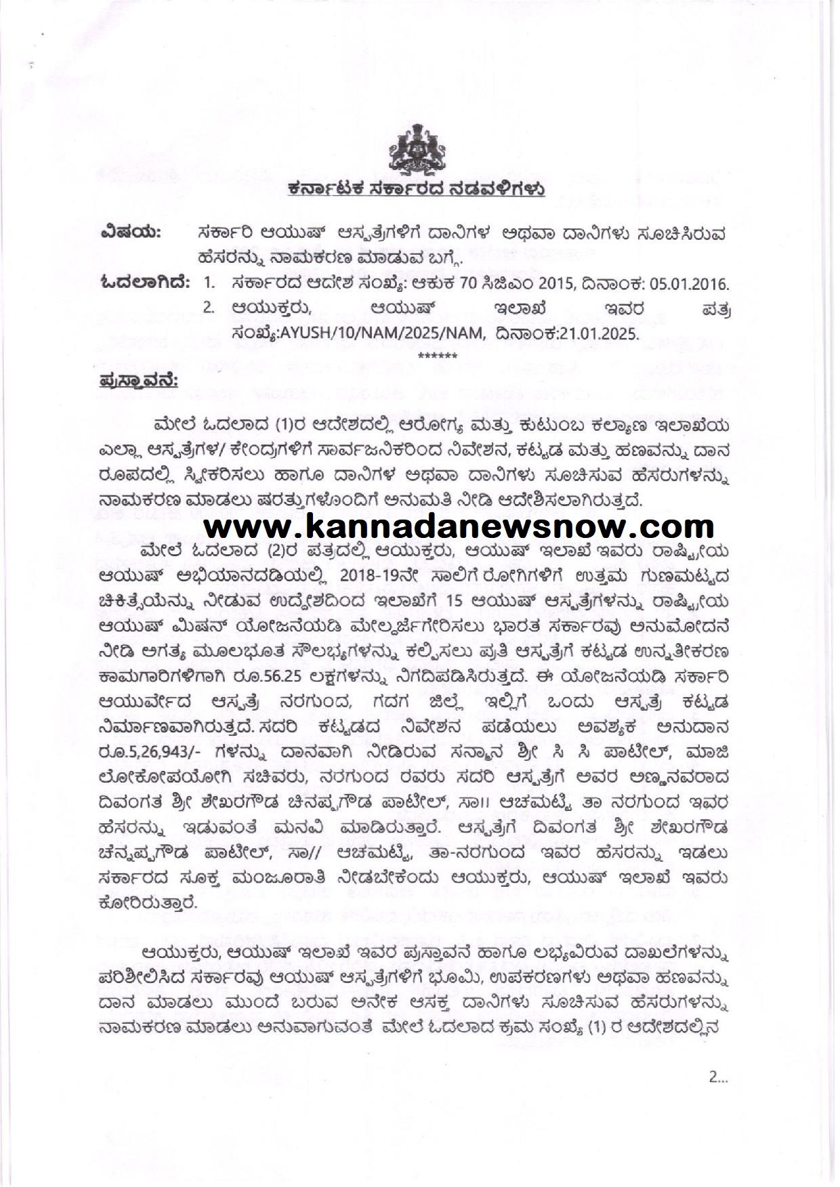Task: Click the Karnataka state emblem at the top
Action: (419, 152)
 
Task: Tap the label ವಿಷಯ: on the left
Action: (130, 234)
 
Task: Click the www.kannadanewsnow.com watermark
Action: (450, 526)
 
